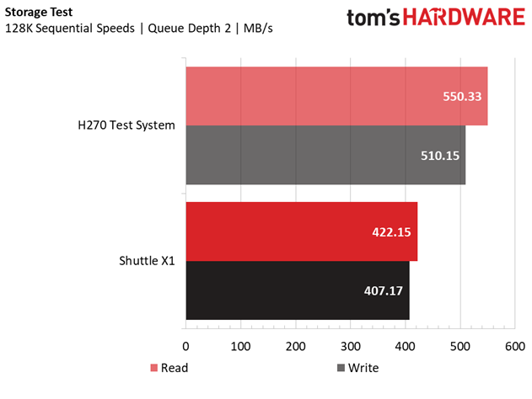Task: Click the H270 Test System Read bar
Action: tap(336, 96)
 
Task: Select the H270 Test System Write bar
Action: tap(325, 155)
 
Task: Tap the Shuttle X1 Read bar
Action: tap(301, 231)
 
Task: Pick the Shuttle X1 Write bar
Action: tap(297, 290)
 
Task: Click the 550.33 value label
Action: tap(462, 96)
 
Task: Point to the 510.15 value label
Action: tap(439, 156)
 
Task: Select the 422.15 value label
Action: tap(391, 231)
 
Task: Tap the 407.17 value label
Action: tap(384, 290)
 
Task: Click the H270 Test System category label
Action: tap(125, 125)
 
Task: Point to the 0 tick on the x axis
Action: tap(186, 345)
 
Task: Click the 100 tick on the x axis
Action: tap(241, 345)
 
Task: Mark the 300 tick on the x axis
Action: tap(351, 345)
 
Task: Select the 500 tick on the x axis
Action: tap(460, 345)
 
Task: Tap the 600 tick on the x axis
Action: tap(515, 345)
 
